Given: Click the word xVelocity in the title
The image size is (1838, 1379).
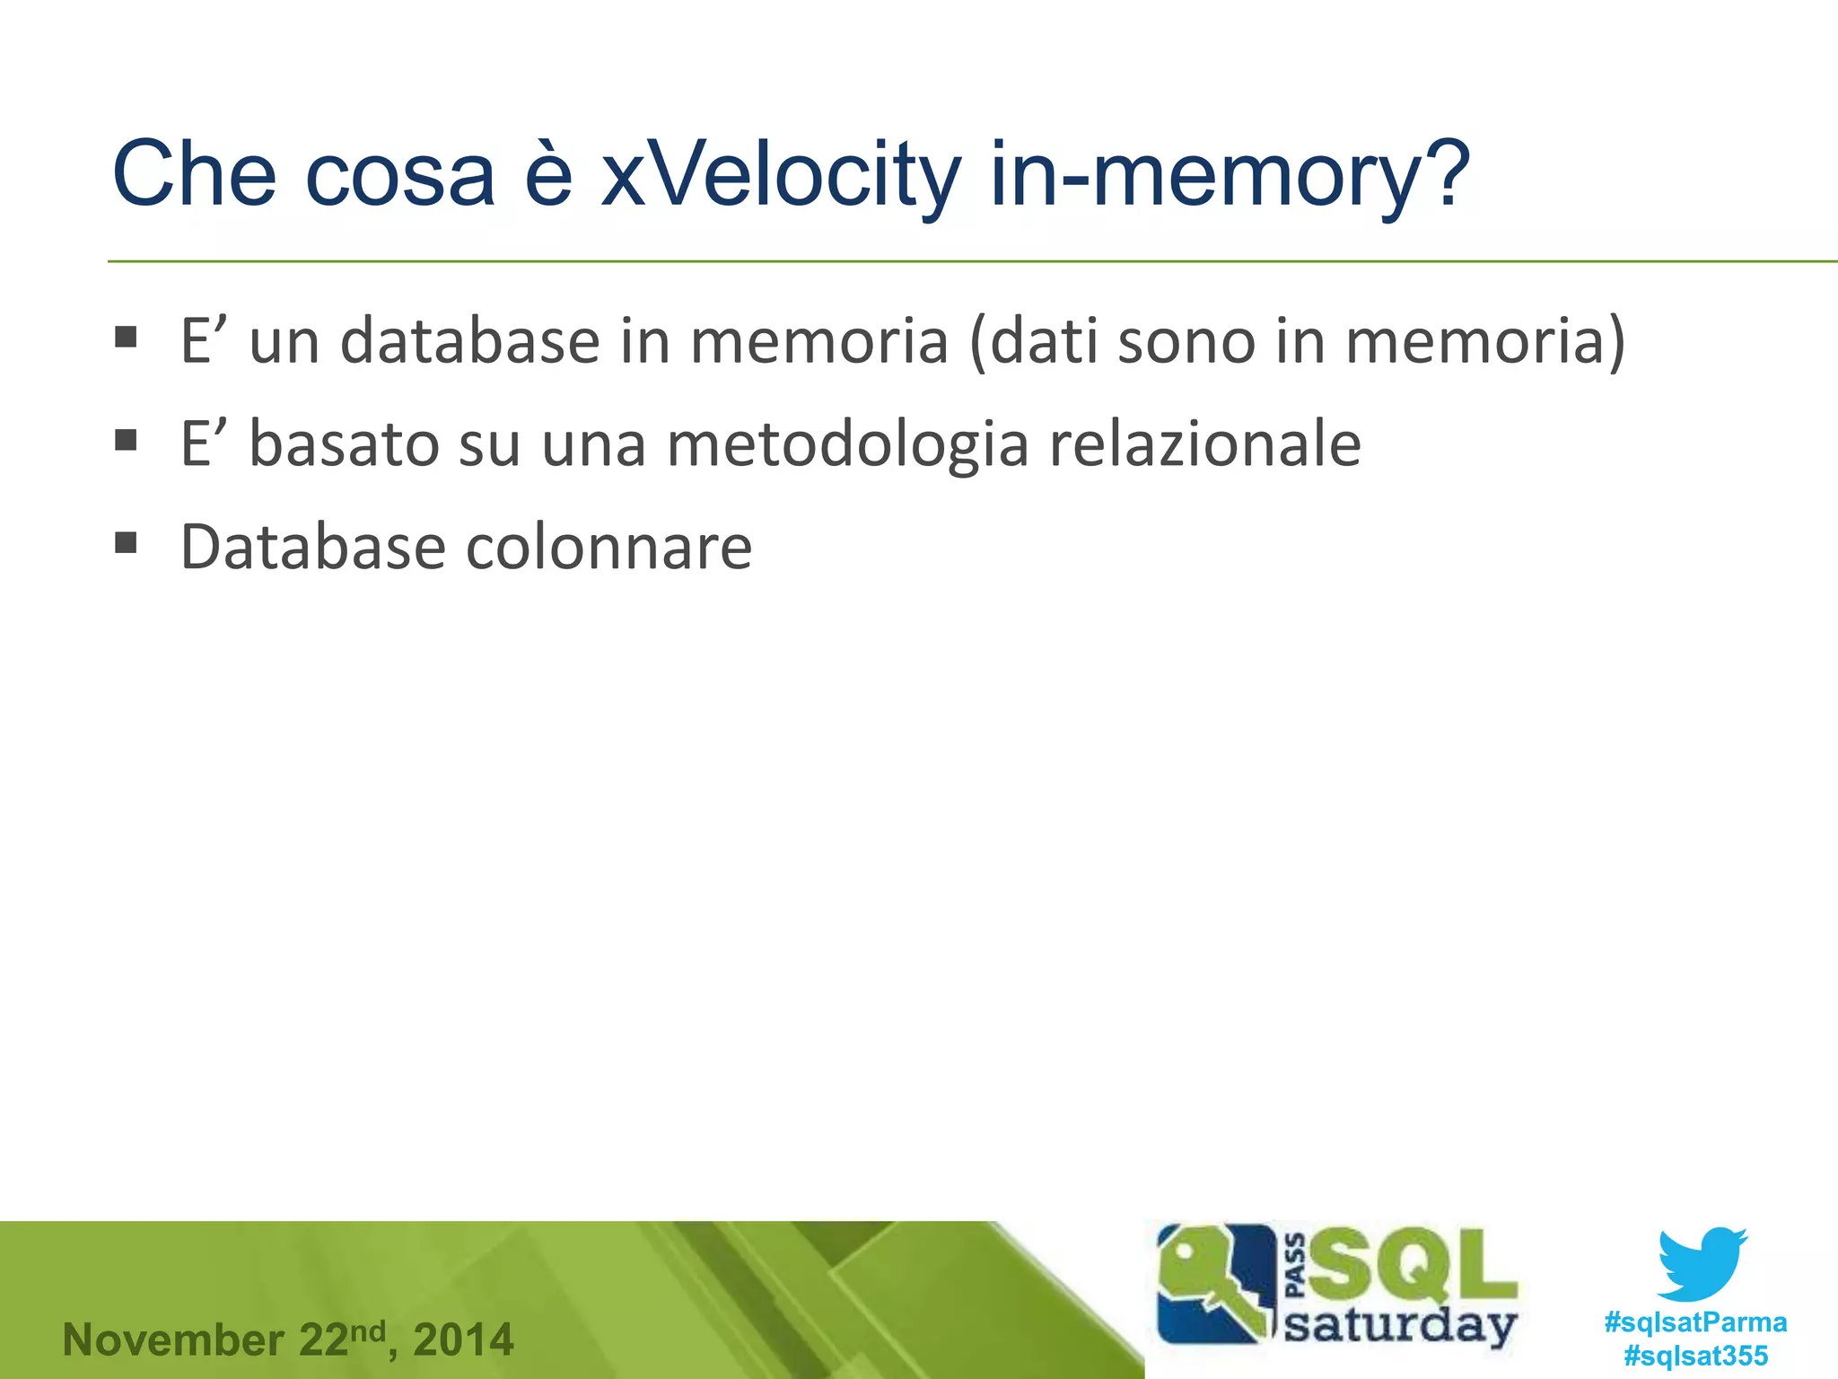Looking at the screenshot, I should tap(780, 175).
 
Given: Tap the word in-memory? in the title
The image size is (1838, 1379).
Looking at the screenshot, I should tap(1229, 175).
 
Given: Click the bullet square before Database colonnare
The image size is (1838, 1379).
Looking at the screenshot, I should tap(126, 543).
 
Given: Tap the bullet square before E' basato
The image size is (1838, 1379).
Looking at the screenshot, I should tap(126, 440).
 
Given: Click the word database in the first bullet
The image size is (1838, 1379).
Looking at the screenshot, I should tap(469, 341).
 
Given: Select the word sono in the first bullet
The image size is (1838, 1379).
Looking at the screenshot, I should tap(1186, 341).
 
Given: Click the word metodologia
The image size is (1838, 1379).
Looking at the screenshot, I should tap(847, 444).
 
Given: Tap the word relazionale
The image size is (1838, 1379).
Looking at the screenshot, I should tap(1204, 444).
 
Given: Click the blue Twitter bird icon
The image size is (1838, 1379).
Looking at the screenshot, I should tap(1701, 1264).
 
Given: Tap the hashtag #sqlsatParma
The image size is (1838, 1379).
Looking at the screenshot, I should tap(1695, 1322).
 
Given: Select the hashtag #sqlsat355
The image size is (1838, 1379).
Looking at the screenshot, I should tap(1695, 1356).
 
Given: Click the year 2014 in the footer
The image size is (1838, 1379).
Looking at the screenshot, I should tap(463, 1340).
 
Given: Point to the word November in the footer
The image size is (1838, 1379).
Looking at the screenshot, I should tap(173, 1340).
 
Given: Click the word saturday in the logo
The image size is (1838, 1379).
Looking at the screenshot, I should tap(1400, 1326).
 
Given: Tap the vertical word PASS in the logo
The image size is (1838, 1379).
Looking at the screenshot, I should tap(1296, 1266).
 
